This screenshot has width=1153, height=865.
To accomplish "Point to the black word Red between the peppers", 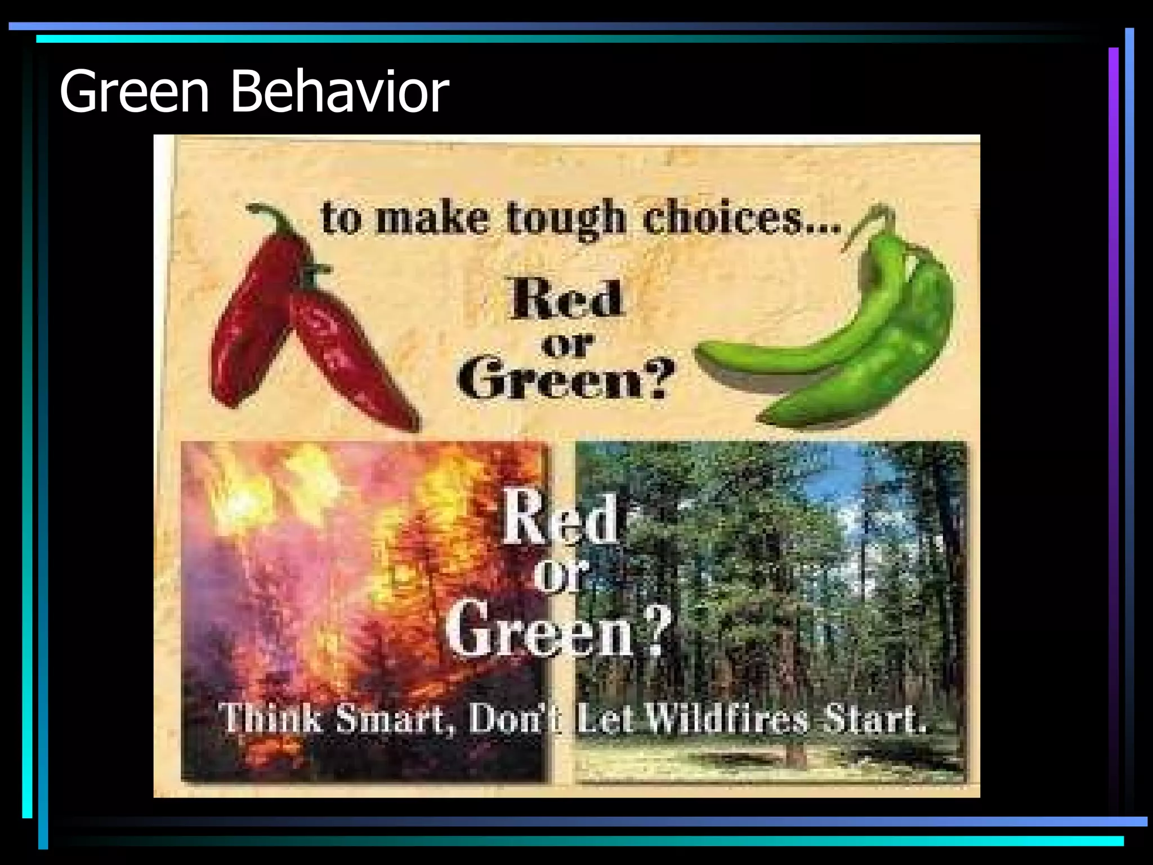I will click(x=566, y=298).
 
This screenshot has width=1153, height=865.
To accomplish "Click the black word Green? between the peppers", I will click(x=566, y=377).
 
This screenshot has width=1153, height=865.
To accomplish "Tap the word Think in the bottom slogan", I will click(x=270, y=720).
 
